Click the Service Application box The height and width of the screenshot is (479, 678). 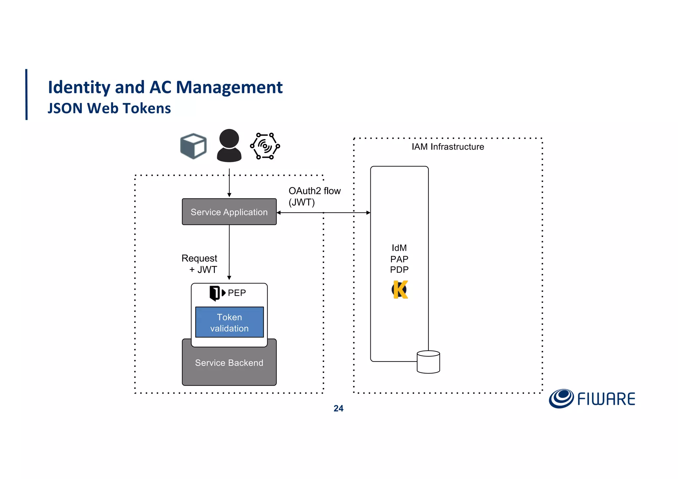click(229, 212)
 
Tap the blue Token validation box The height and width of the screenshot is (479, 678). click(229, 322)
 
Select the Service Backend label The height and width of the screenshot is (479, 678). click(229, 363)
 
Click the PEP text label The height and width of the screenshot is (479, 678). click(237, 293)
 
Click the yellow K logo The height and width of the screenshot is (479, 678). click(400, 290)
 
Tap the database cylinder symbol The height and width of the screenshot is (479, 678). click(428, 362)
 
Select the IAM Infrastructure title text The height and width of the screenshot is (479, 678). click(448, 147)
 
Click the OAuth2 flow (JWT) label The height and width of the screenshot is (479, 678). click(314, 196)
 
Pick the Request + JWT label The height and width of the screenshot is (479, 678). click(200, 264)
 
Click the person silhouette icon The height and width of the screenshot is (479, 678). click(229, 146)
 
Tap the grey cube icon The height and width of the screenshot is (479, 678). click(193, 146)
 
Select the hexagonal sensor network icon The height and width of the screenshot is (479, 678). click(265, 146)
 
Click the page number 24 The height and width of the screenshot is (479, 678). click(338, 409)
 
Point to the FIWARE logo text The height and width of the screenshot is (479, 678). click(606, 399)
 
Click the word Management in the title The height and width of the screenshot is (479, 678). click(229, 87)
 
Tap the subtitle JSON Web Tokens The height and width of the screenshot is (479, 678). click(109, 108)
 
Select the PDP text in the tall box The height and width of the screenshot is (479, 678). click(399, 270)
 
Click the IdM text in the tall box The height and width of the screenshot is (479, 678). click(399, 248)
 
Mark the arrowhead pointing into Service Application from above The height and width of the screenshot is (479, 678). click(229, 195)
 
